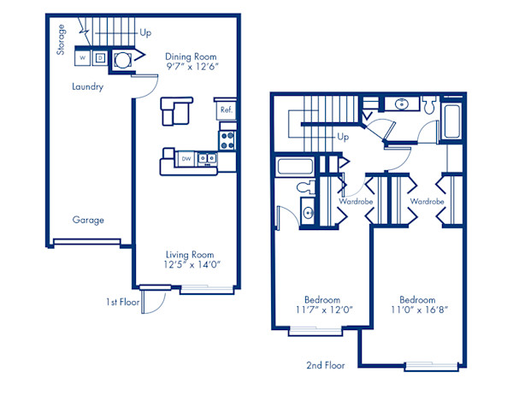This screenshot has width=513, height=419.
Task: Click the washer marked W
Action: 83,58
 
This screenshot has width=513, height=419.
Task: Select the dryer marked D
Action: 100,58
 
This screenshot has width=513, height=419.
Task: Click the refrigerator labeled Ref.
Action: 227,110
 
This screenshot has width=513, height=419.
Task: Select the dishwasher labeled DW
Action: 186,158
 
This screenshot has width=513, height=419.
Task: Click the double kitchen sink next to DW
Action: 207,158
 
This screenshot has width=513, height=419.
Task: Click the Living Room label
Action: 190,254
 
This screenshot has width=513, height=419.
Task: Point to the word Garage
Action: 88,220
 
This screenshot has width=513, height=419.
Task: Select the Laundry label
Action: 88,86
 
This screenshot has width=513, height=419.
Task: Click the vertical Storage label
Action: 62,39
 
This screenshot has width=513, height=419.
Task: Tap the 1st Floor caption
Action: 123,302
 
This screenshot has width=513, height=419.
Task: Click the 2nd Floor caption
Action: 325,365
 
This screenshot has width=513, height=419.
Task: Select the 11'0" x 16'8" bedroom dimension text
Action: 417,311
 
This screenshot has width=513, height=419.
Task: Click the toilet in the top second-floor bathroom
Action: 430,108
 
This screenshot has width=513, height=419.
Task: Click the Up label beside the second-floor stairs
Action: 343,136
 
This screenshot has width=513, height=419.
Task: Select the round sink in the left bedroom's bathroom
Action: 308,212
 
